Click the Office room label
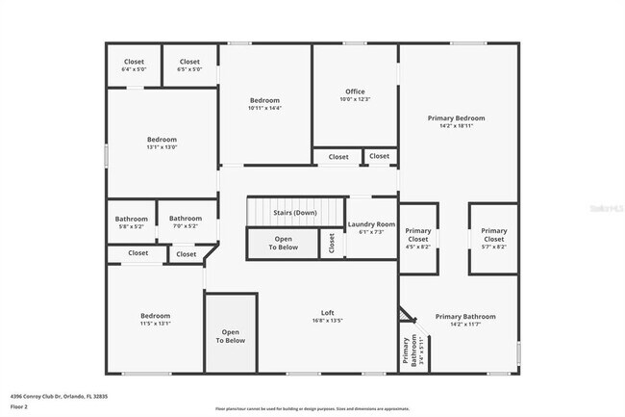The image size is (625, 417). (355, 91)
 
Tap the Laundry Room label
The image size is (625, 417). (371, 224)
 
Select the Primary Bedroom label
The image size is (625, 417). (456, 118)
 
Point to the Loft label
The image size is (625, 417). (327, 313)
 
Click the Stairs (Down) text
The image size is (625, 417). (295, 213)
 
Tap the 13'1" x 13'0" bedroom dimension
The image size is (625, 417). (162, 147)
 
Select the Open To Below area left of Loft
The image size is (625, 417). (230, 336)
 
